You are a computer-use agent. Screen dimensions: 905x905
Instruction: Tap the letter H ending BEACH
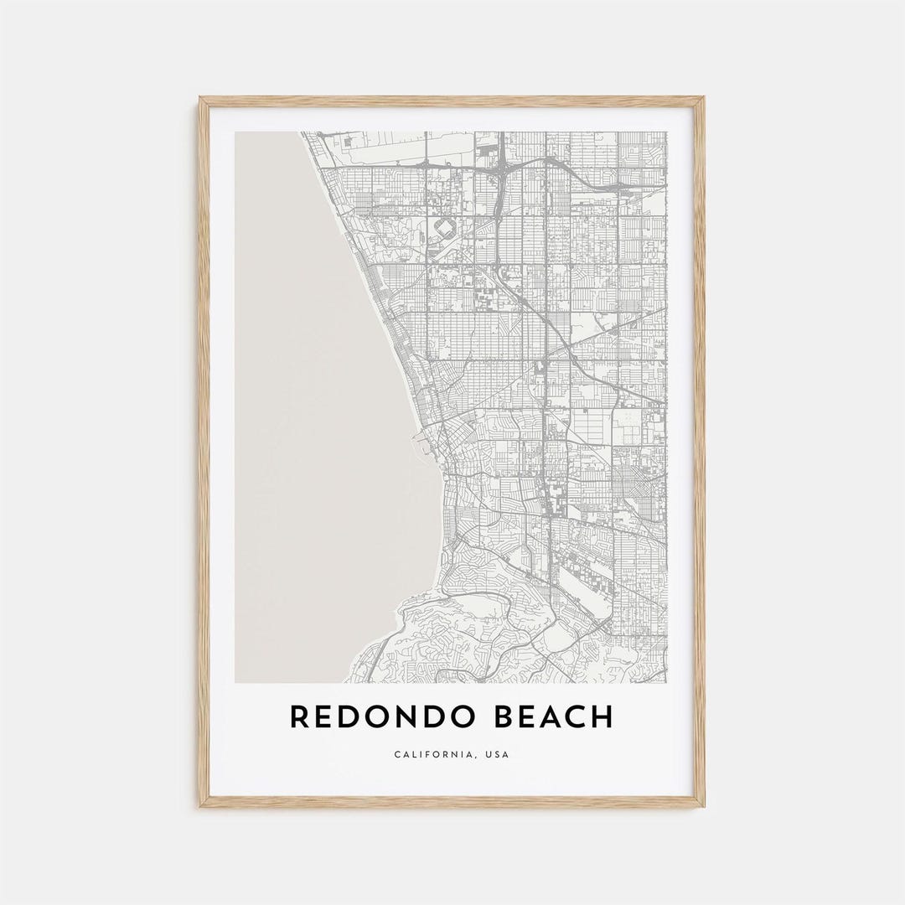602,717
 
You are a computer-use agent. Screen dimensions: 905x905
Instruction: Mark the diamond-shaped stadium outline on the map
444,228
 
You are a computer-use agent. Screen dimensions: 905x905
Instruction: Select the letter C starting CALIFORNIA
397,755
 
